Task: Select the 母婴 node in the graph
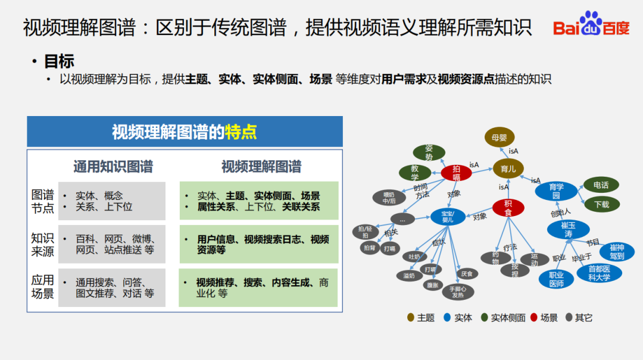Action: pyautogui.click(x=500, y=137)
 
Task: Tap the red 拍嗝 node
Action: pyautogui.click(x=456, y=173)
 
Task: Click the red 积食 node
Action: pyautogui.click(x=508, y=208)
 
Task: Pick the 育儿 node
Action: pyautogui.click(x=508, y=169)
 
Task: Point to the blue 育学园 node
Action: pyautogui.click(x=556, y=191)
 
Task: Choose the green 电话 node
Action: pyautogui.click(x=601, y=185)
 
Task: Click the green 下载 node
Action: pyautogui.click(x=601, y=205)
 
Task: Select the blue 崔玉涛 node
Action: pyautogui.click(x=568, y=230)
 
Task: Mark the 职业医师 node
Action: pyautogui.click(x=556, y=279)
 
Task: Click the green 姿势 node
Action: pyautogui.click(x=429, y=152)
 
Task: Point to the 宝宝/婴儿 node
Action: pyautogui.click(x=447, y=216)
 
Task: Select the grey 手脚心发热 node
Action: pyautogui.click(x=457, y=292)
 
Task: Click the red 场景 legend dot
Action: pyautogui.click(x=534, y=318)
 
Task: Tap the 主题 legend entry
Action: pyautogui.click(x=420, y=318)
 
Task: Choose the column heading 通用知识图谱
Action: pyautogui.click(x=113, y=167)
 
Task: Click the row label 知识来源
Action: pyautogui.click(x=42, y=245)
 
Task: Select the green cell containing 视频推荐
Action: pyautogui.click(x=258, y=288)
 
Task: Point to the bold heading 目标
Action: pyautogui.click(x=60, y=61)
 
